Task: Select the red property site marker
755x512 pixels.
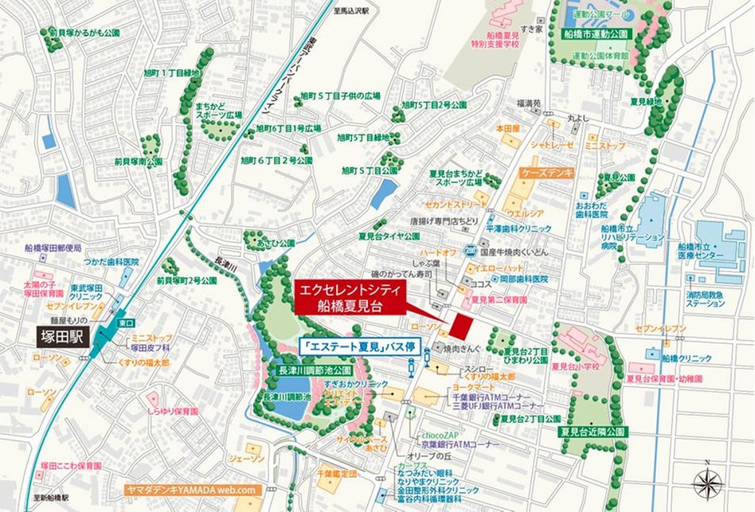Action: point(459,325)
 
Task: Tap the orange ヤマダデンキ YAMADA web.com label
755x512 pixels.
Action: point(192,490)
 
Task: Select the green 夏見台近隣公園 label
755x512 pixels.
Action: point(594,432)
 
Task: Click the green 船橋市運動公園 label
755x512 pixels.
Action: point(596,34)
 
